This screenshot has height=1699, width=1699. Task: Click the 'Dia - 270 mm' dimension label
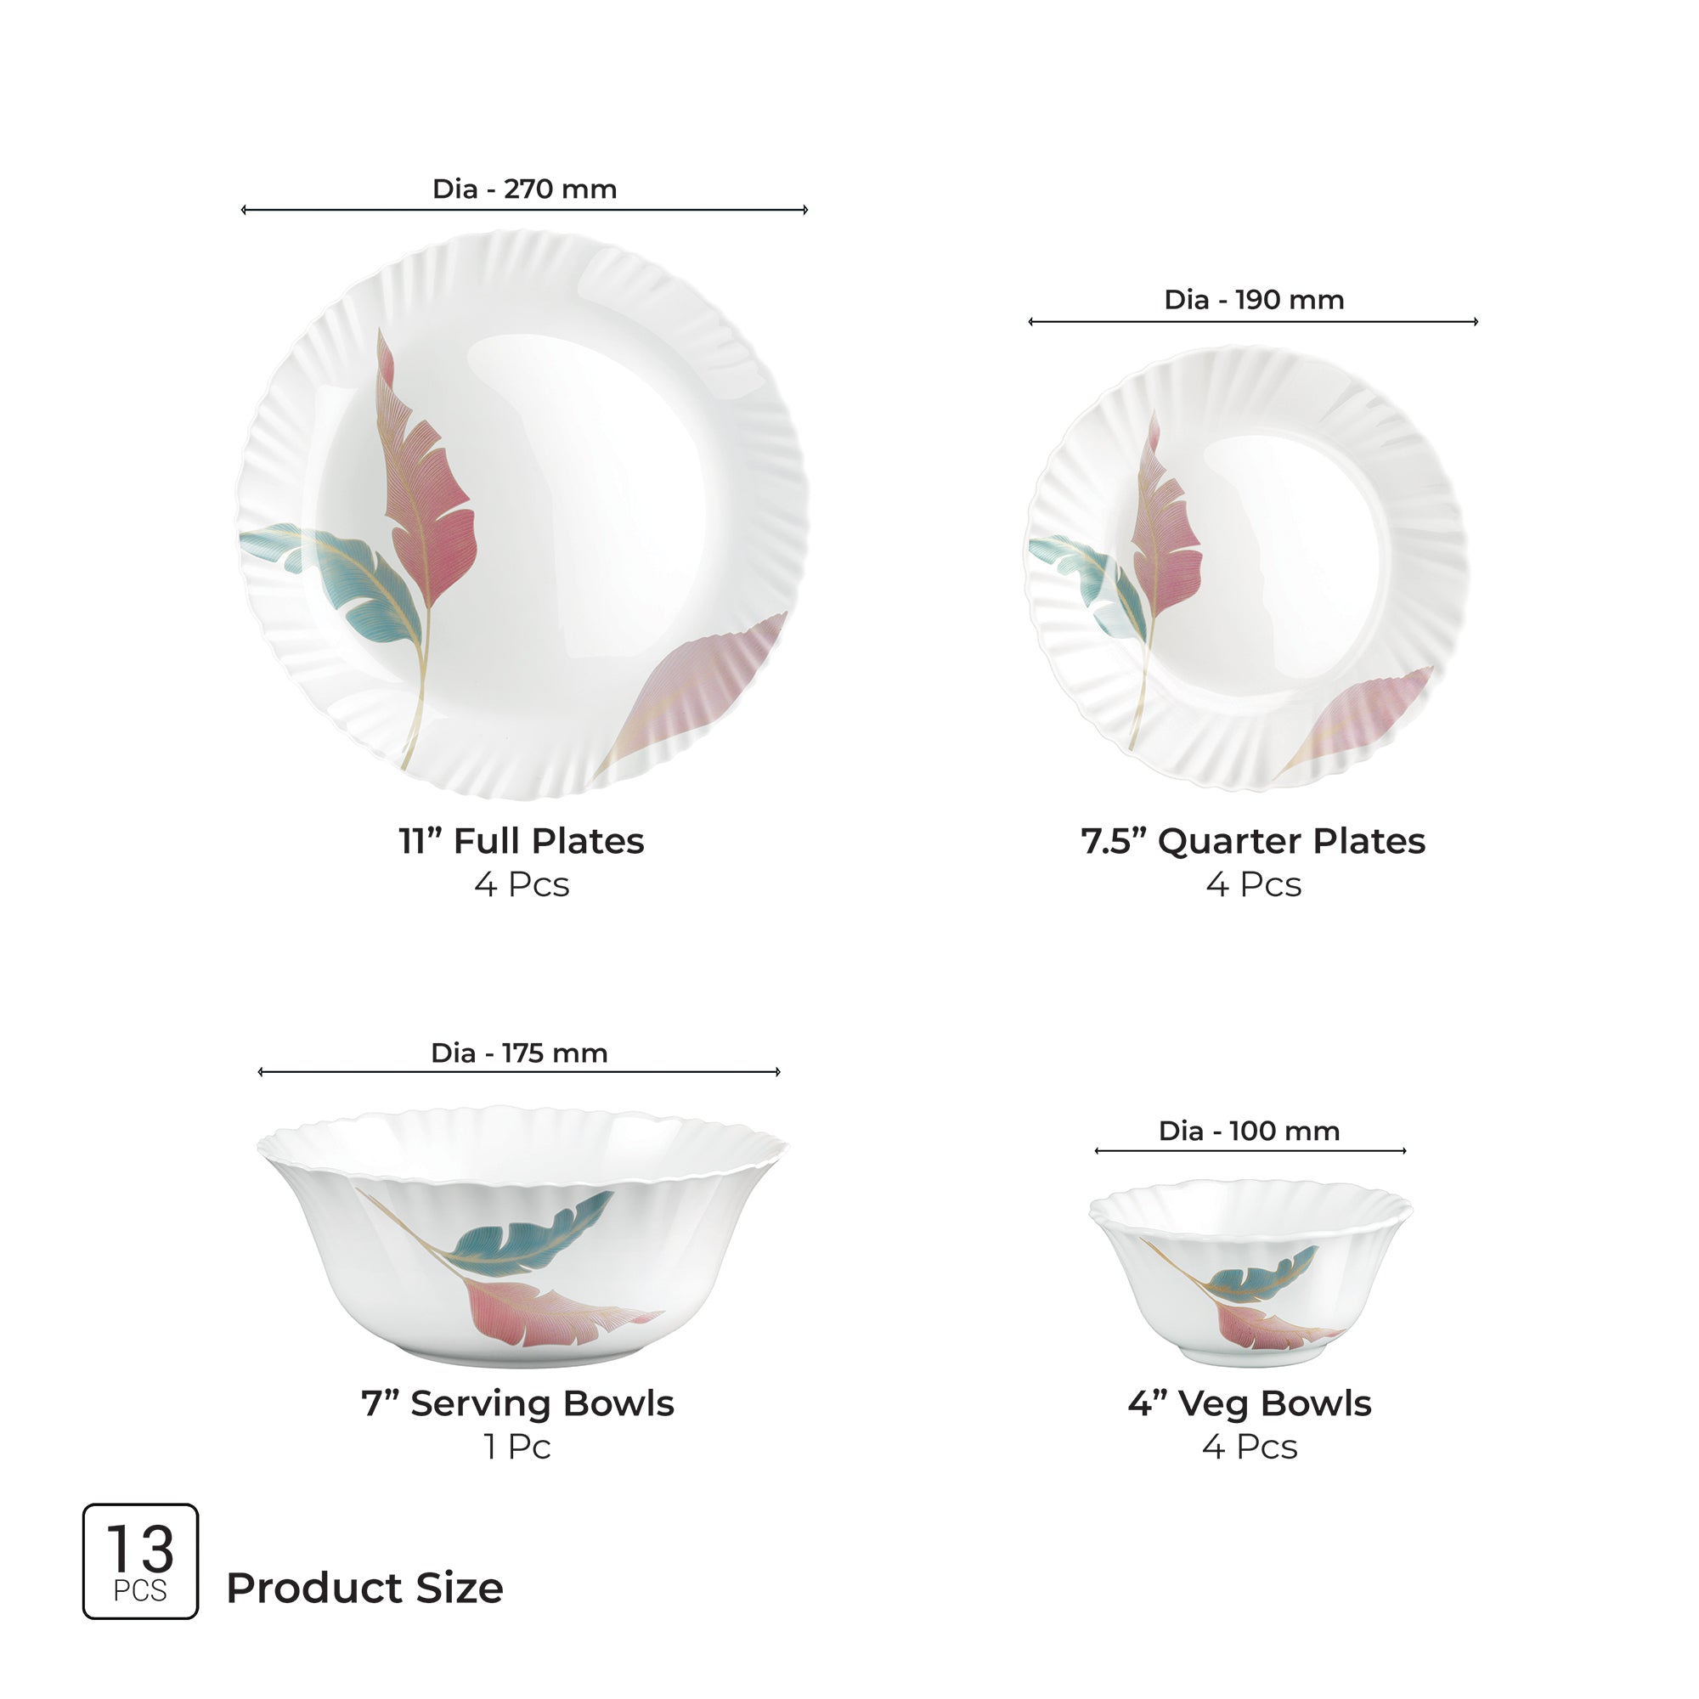coord(524,189)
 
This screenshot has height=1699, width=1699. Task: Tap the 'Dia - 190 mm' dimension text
coord(1253,300)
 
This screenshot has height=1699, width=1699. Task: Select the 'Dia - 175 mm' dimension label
coord(519,1053)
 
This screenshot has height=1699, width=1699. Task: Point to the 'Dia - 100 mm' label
coord(1249,1131)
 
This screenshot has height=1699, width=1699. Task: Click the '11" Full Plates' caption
coord(522,842)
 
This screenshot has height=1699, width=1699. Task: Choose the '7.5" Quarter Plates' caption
coord(1253,842)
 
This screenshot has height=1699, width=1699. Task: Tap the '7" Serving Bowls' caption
coord(517,1403)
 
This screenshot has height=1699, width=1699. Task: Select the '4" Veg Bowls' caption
coord(1250,1403)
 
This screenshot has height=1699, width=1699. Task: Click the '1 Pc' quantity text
coord(517,1447)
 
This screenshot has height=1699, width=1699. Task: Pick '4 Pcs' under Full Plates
coord(522,884)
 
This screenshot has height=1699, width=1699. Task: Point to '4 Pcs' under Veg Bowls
coord(1250,1447)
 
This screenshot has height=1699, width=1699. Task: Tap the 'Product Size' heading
coord(364,1589)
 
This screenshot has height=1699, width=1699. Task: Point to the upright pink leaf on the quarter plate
coord(1166,528)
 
